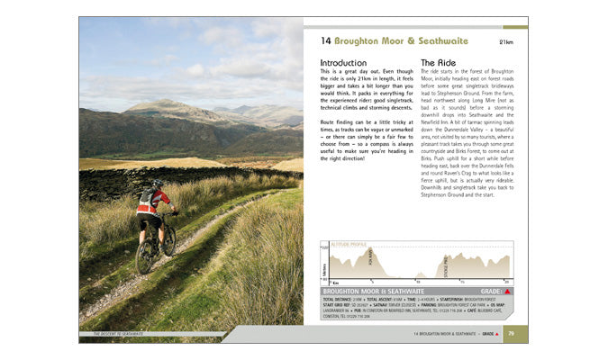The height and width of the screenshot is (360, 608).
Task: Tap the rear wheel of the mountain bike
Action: pyautogui.click(x=146, y=256)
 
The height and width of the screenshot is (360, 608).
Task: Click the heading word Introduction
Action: pyautogui.click(x=344, y=63)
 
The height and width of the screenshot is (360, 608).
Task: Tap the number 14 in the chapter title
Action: pyautogui.click(x=326, y=40)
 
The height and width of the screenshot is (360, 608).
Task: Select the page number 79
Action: pyautogui.click(x=511, y=334)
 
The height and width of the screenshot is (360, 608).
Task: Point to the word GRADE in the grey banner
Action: pyautogui.click(x=490, y=292)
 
